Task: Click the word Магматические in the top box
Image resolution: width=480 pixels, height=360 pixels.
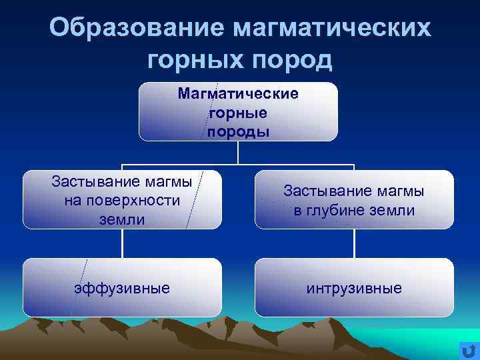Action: coord(238,93)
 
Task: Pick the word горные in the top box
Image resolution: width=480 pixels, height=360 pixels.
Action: coord(238,113)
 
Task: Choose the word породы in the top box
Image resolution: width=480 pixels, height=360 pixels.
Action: coord(238,131)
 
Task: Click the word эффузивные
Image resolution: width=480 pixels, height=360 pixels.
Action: coord(122,288)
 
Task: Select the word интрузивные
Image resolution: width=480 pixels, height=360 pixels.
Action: coord(354,288)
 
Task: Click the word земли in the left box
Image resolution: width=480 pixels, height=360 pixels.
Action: coord(122,219)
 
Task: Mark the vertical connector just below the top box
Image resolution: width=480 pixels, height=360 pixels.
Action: coord(238,153)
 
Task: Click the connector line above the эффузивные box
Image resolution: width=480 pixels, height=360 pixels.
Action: coord(122,243)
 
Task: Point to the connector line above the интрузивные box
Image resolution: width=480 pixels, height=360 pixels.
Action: coord(354,243)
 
